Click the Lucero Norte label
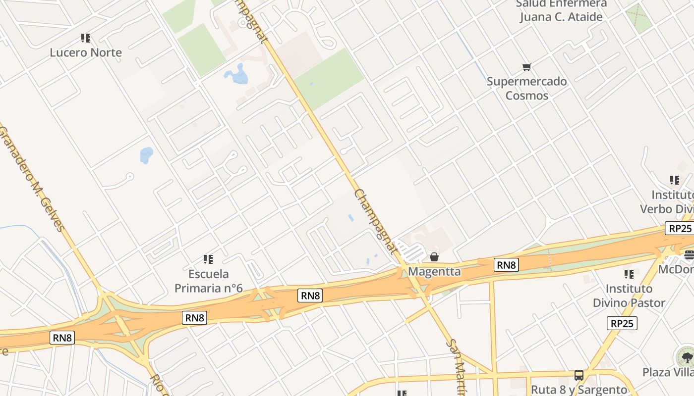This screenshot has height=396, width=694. pyautogui.click(x=86, y=52)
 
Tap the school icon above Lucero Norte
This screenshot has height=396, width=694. pyautogui.click(x=86, y=38)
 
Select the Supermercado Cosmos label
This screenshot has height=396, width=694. pyautogui.click(x=526, y=88)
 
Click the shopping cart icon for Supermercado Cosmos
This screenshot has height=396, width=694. pyautogui.click(x=526, y=67)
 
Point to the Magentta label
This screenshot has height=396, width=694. pyautogui.click(x=434, y=271)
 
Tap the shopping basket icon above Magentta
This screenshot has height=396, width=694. pyautogui.click(x=434, y=257)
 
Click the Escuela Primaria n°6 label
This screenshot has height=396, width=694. pyautogui.click(x=208, y=281)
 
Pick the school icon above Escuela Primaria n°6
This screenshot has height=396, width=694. pyautogui.click(x=208, y=259)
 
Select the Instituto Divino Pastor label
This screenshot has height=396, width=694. pyautogui.click(x=629, y=296)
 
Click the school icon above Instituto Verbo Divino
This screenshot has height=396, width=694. pyautogui.click(x=674, y=180)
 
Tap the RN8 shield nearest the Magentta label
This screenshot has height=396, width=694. pyautogui.click(x=506, y=265)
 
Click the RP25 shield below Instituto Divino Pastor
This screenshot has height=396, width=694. pyautogui.click(x=622, y=323)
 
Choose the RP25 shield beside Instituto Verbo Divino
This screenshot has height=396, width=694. pyautogui.click(x=679, y=228)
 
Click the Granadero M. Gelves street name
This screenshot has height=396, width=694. pyautogui.click(x=32, y=179)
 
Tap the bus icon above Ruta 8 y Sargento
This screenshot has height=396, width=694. pyautogui.click(x=578, y=375)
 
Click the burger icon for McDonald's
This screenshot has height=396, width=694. pyautogui.click(x=689, y=255)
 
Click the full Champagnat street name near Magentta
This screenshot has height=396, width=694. pyautogui.click(x=376, y=221)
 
